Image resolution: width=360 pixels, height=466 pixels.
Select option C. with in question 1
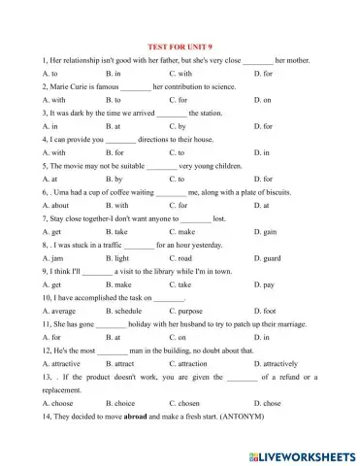coord(180,73)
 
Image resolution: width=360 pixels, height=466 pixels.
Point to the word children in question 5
coord(237,167)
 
